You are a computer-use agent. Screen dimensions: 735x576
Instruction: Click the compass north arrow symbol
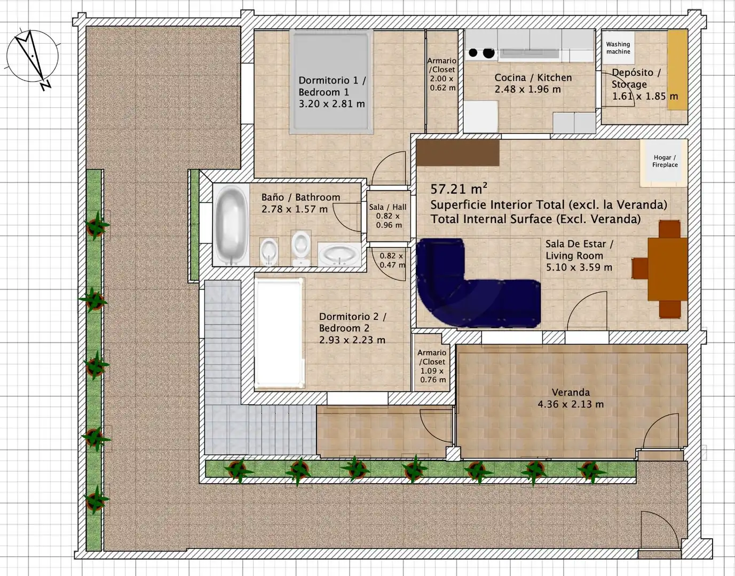tap(32, 58)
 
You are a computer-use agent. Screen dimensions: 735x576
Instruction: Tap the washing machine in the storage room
tap(618, 47)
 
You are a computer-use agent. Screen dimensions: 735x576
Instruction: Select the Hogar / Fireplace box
tap(664, 163)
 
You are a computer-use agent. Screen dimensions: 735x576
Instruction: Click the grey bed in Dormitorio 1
tap(331, 82)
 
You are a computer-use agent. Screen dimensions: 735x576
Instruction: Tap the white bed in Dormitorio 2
tap(279, 333)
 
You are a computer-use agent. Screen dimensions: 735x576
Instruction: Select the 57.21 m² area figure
tap(459, 189)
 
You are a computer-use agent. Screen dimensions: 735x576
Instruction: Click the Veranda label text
tap(571, 392)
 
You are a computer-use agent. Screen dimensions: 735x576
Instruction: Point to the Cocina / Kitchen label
tap(533, 78)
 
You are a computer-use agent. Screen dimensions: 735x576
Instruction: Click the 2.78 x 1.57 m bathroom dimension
tap(294, 209)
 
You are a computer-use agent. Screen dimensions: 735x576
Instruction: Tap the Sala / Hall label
tap(388, 207)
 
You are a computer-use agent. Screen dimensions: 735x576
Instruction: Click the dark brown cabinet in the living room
tap(457, 153)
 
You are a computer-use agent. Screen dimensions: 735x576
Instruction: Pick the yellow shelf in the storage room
tap(677, 70)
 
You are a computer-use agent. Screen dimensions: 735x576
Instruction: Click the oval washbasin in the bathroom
tap(339, 254)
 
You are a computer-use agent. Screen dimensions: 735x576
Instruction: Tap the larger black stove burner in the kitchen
tap(488, 53)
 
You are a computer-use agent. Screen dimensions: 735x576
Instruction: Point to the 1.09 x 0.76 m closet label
tap(432, 375)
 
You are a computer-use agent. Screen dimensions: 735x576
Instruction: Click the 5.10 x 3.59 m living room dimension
tap(579, 268)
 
